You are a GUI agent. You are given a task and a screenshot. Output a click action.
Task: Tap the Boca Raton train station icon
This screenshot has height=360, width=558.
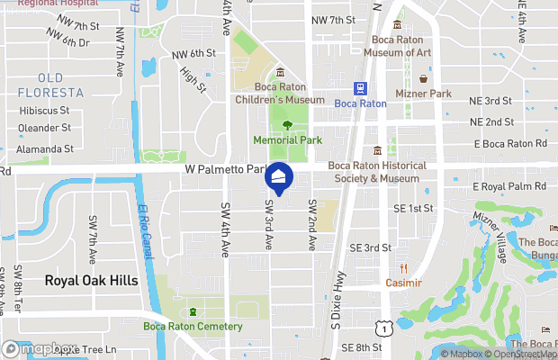(360, 88)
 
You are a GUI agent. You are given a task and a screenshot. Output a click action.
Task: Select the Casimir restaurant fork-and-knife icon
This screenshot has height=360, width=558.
(403, 268)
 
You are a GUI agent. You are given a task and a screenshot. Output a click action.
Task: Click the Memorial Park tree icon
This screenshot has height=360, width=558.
(287, 126)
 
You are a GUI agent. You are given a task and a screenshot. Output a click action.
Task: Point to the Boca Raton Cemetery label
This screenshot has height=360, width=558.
(193, 326)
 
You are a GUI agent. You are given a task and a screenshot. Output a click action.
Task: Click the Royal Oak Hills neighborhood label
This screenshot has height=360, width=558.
(92, 281)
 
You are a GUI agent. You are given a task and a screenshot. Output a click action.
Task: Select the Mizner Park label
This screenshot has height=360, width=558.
(423, 93)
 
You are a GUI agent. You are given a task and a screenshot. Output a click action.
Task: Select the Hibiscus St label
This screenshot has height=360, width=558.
(44, 110)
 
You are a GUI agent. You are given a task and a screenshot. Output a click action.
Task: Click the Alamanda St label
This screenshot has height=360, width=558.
(45, 148)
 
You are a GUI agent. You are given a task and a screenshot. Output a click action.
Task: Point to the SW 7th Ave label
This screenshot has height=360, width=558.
(93, 238)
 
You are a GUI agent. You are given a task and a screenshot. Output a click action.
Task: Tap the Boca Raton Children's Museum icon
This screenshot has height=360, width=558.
(280, 72)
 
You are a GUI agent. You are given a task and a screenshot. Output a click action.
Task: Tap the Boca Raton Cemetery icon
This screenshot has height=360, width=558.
(193, 311)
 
